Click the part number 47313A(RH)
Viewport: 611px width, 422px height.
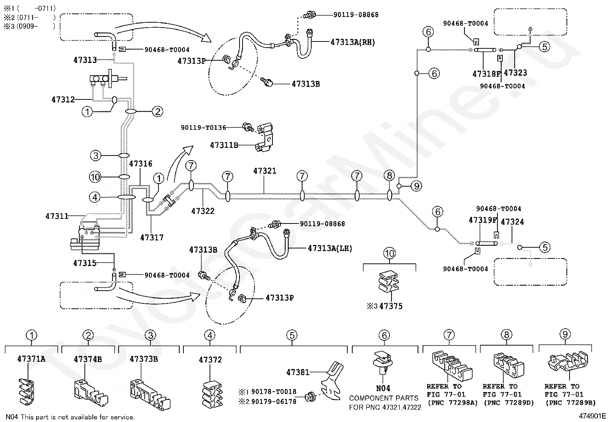(x=353, y=42)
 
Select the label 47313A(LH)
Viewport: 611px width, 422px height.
(x=330, y=248)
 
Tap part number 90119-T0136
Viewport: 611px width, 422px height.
(x=203, y=127)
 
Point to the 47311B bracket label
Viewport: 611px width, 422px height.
(x=224, y=145)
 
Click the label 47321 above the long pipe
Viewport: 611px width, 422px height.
(x=265, y=171)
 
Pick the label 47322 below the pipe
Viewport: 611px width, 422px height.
(x=203, y=211)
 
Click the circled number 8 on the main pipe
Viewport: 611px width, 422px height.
(x=389, y=175)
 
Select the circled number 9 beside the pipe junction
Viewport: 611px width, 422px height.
(x=416, y=186)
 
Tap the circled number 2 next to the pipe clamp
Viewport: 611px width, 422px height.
(x=157, y=111)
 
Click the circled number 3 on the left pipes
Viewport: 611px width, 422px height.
(x=96, y=156)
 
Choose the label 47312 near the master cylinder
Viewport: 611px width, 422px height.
(x=63, y=99)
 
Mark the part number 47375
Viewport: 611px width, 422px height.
(x=391, y=306)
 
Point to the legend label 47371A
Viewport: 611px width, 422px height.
(x=31, y=359)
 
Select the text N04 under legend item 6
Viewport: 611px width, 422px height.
(x=383, y=388)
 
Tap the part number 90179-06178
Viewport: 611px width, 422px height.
(x=274, y=401)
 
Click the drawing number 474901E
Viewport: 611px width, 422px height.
(x=592, y=416)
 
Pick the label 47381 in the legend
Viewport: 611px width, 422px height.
(x=298, y=372)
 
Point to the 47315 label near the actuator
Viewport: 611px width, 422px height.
(x=85, y=263)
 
